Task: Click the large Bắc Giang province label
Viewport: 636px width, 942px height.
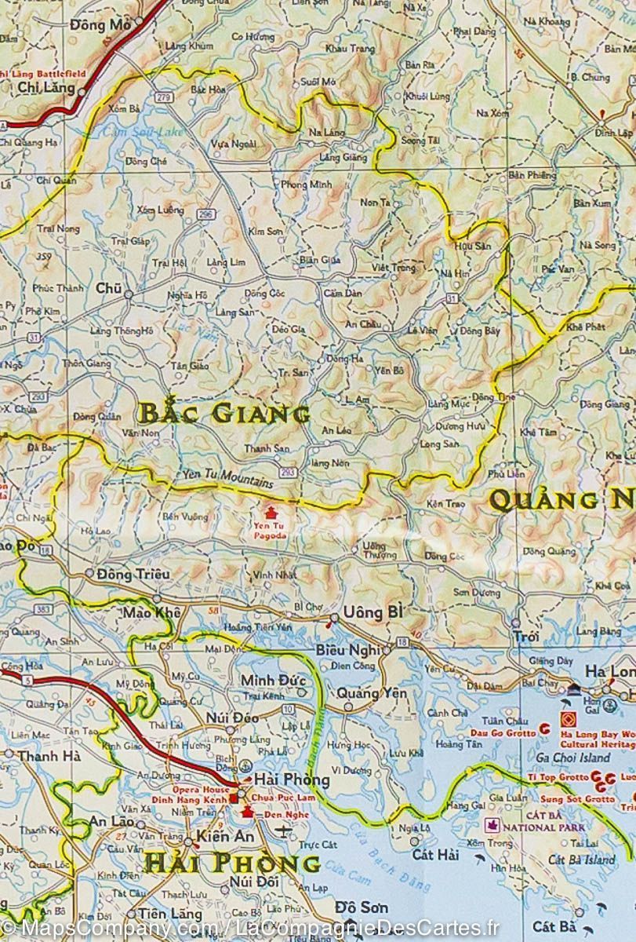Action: pos(224,413)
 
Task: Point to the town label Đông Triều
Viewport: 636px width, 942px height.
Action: pos(133,575)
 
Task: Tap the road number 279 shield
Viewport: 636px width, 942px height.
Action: pos(163,97)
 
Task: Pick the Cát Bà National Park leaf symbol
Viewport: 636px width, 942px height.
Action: pos(493,825)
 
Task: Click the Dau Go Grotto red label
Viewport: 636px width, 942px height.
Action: pos(501,732)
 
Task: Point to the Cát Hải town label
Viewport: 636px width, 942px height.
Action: pos(436,854)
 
